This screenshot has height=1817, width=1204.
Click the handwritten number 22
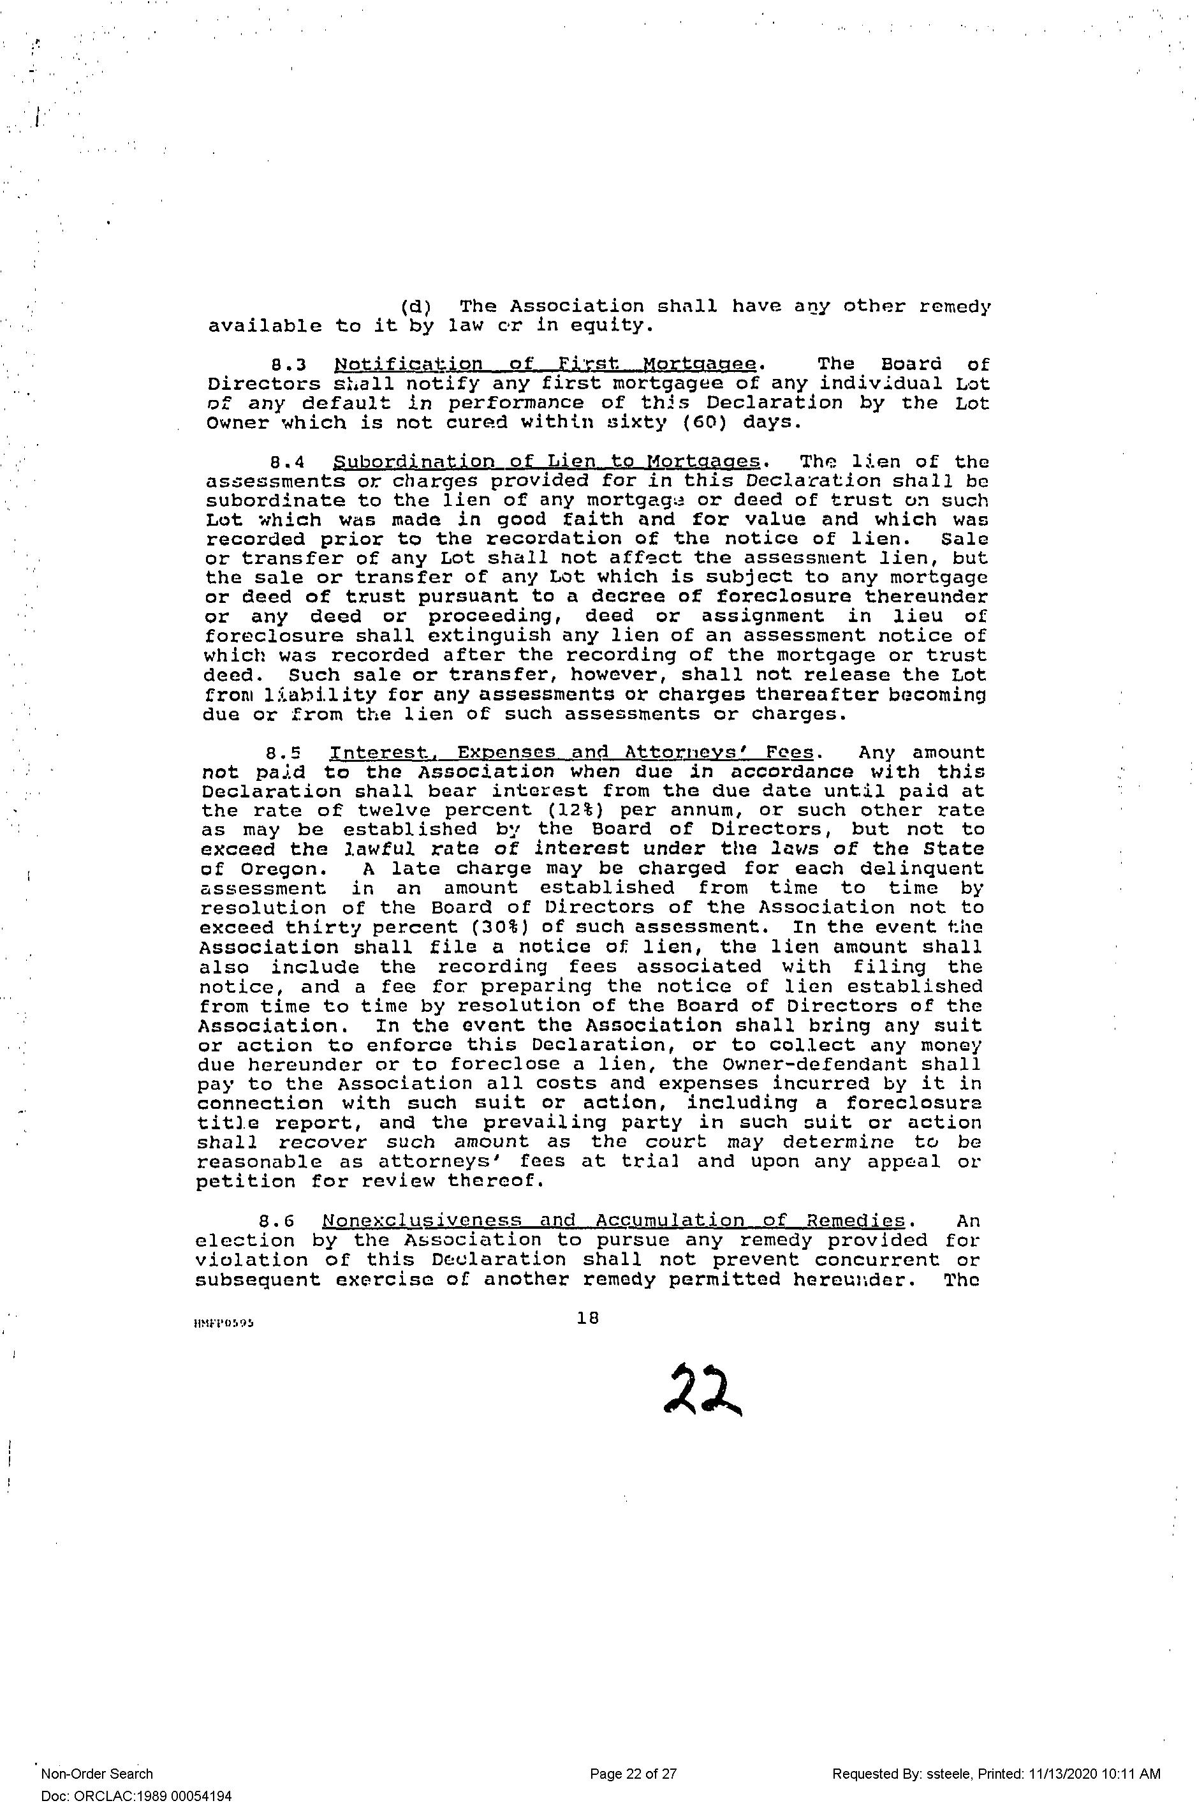[702, 1390]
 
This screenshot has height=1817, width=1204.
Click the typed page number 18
[587, 1318]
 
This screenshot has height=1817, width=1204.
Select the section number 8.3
[290, 364]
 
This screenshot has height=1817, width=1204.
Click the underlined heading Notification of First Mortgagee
[546, 364]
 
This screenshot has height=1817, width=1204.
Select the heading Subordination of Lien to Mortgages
[547, 463]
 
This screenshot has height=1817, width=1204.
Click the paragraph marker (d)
[415, 307]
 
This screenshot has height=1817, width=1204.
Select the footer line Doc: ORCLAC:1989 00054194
[136, 1796]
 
